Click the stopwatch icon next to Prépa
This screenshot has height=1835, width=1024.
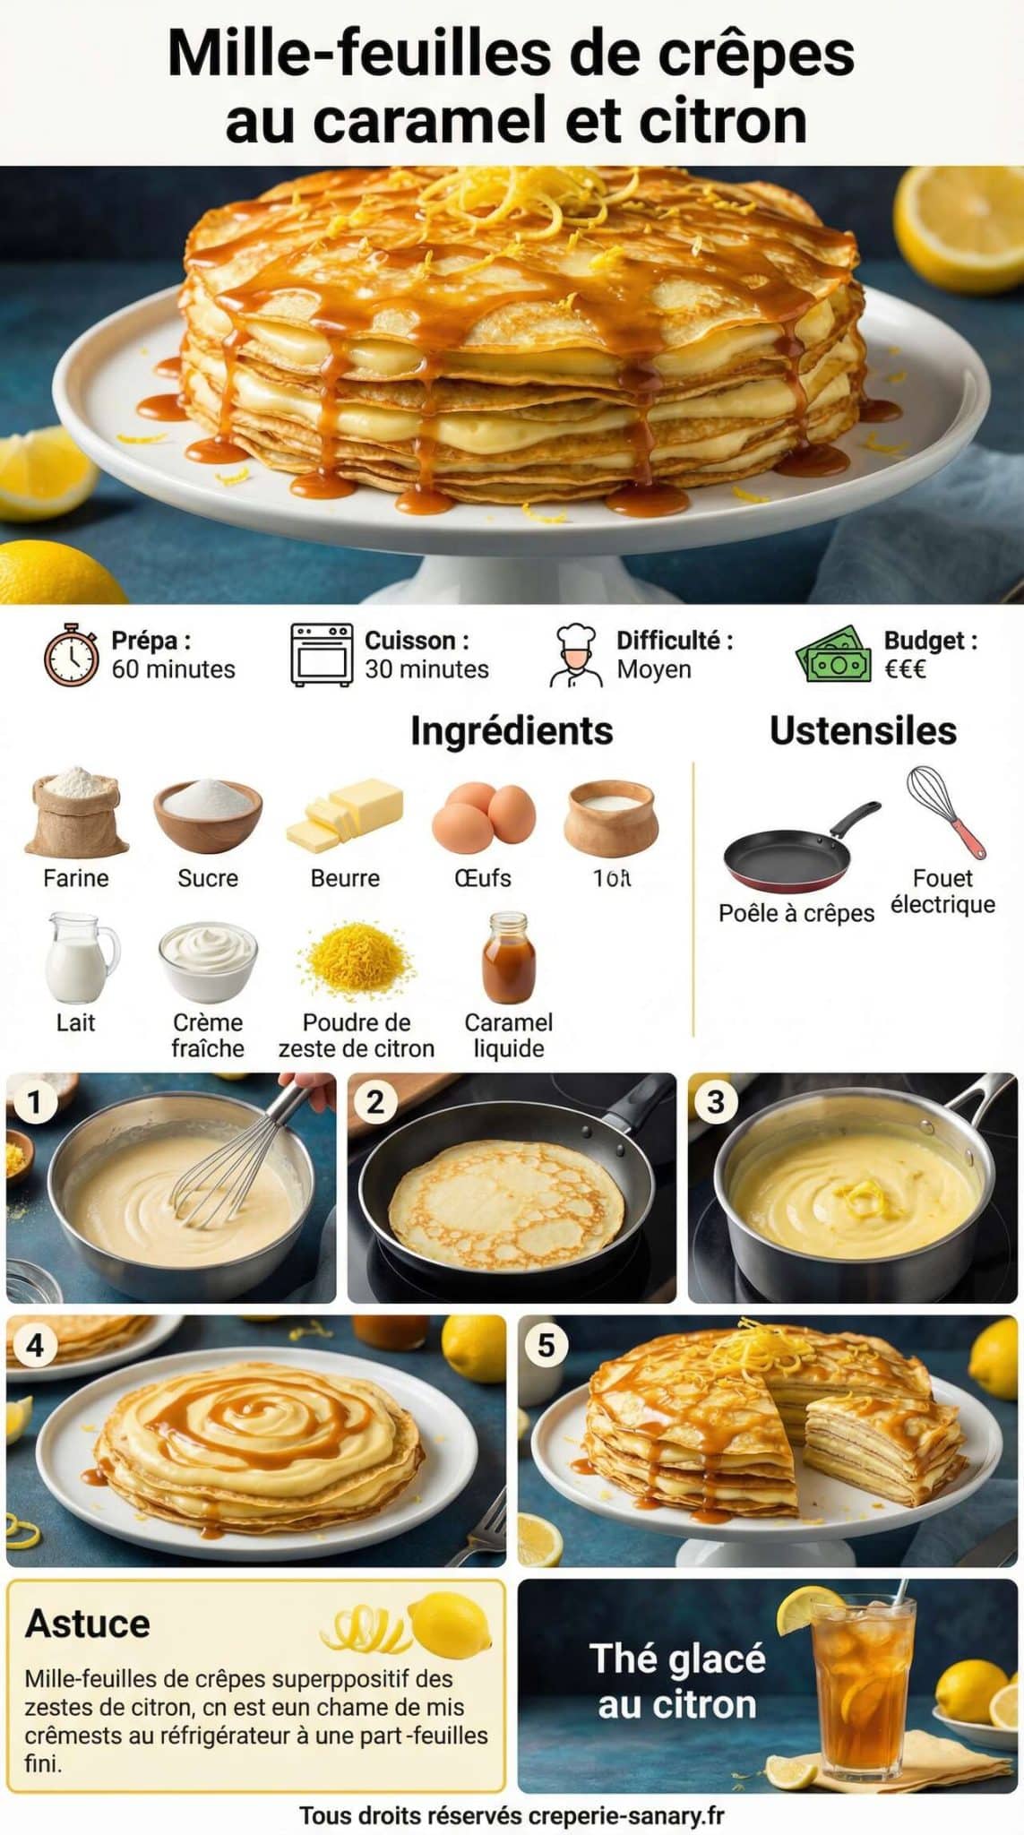pyautogui.click(x=72, y=656)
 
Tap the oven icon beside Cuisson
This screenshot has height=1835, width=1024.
pyautogui.click(x=321, y=656)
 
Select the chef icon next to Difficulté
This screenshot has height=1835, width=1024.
pyautogui.click(x=576, y=656)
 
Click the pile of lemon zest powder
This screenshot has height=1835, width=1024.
pyautogui.click(x=357, y=963)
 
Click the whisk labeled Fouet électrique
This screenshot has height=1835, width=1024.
pyautogui.click(x=945, y=811)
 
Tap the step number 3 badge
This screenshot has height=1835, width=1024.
pyautogui.click(x=716, y=1101)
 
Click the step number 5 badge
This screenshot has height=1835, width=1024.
pyautogui.click(x=546, y=1345)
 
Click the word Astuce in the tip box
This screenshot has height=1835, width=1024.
pyautogui.click(x=88, y=1624)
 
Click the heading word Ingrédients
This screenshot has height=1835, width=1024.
pyautogui.click(x=512, y=731)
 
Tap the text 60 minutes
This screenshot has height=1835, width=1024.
pyautogui.click(x=173, y=669)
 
